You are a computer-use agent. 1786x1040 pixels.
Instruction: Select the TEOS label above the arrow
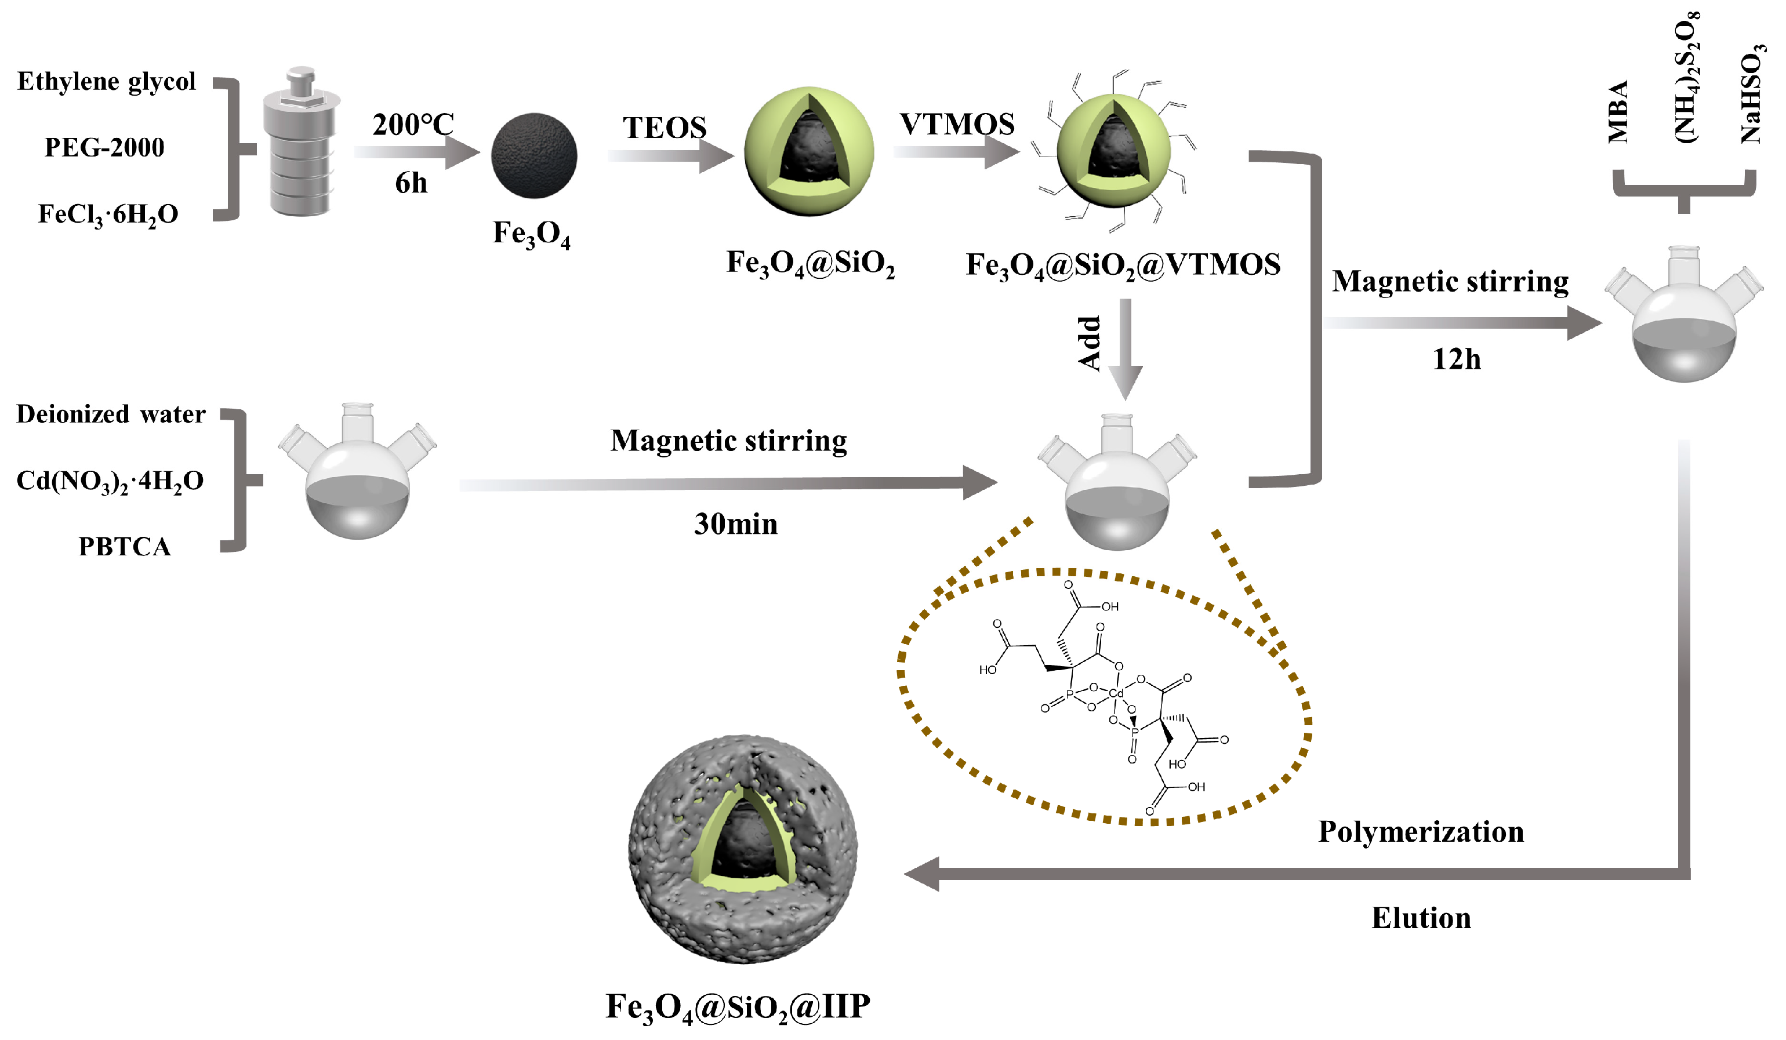pyautogui.click(x=664, y=128)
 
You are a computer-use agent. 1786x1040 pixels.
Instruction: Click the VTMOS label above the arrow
pyautogui.click(x=957, y=125)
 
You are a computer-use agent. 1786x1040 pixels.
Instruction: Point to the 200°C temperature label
pyautogui.click(x=413, y=125)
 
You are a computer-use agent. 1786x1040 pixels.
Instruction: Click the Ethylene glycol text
pyautogui.click(x=106, y=82)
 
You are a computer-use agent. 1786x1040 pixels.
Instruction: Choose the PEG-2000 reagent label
pyautogui.click(x=104, y=147)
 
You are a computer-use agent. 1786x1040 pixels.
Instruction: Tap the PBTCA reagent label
pyautogui.click(x=124, y=546)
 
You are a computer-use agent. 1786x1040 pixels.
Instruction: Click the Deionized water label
pyautogui.click(x=111, y=414)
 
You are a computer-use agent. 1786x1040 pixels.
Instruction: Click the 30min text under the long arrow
pyautogui.click(x=736, y=524)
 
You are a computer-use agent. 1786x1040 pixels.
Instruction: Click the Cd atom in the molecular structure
pyautogui.click(x=1116, y=693)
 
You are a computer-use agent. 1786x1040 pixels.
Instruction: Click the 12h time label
pyautogui.click(x=1457, y=360)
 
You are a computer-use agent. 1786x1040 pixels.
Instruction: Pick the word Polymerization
pyautogui.click(x=1421, y=832)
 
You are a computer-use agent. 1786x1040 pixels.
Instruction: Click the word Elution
pyautogui.click(x=1421, y=918)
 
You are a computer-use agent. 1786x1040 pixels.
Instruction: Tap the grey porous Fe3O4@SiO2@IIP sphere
pyautogui.click(x=742, y=850)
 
